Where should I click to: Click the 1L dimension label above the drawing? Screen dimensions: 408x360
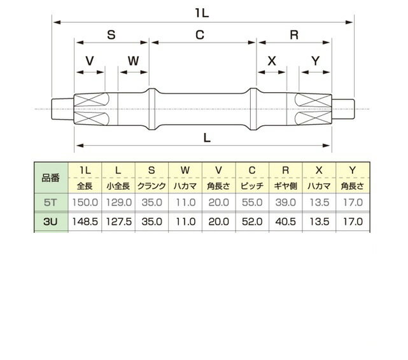pos(202,13)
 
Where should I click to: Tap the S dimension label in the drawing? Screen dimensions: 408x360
pos(111,34)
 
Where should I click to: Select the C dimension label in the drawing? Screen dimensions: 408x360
pos(200,35)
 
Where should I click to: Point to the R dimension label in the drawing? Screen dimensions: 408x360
pos(294,35)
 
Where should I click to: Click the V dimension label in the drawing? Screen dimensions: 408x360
pos(90,61)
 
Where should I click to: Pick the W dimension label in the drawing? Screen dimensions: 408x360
pos(133,61)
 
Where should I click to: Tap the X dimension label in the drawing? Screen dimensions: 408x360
pos(272,61)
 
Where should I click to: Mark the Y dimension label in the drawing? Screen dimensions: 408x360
pos(315,61)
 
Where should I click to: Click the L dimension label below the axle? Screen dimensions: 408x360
pos(207,138)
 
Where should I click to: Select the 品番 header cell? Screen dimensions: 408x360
pos(51,178)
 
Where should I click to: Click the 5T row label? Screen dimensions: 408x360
pos(50,202)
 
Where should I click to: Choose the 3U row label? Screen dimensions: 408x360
pos(50,222)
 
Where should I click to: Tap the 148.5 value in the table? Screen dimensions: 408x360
pos(85,222)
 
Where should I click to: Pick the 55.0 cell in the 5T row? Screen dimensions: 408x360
pos(252,202)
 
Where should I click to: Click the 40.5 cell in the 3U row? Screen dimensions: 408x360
pos(285,222)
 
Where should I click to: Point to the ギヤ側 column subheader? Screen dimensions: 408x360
pos(285,186)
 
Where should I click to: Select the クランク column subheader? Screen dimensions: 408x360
pos(151,186)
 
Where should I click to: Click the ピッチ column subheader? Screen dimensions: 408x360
pos(252,186)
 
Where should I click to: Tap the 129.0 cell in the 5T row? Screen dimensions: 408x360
pos(118,202)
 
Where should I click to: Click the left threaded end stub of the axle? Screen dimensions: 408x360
pos(62,109)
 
